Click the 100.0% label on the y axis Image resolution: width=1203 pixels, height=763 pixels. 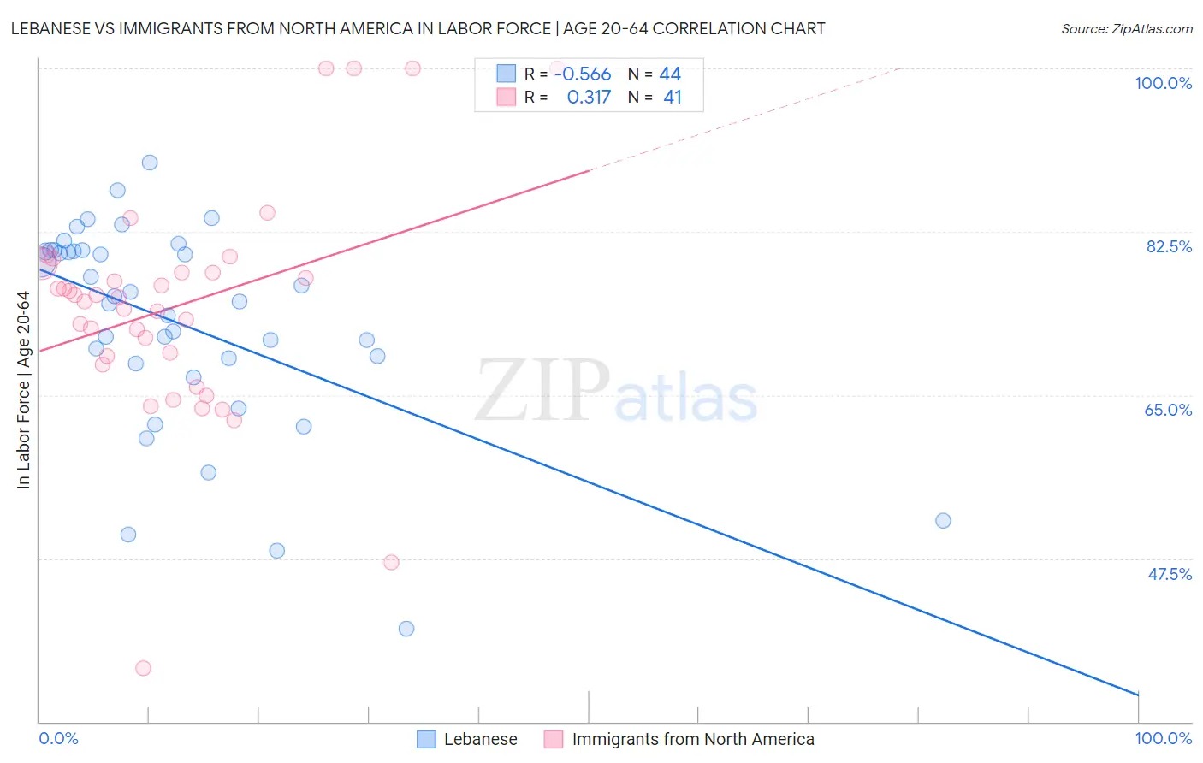coord(1163,83)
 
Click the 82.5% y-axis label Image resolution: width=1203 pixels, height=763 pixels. coord(1169,246)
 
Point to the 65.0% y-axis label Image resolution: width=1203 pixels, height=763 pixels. coord(1168,410)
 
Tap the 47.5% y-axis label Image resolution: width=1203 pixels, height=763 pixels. coord(1170,574)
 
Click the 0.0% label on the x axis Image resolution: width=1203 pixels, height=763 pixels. coord(58,738)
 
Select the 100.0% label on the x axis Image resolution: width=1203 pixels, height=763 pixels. coord(1163,738)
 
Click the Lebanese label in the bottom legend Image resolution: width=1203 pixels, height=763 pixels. coord(480,739)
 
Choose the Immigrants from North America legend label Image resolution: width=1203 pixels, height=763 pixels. coord(693,739)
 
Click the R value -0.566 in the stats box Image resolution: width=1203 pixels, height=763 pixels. coord(583,74)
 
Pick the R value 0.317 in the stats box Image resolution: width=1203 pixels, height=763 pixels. coord(589,98)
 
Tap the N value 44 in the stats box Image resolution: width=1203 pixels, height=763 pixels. coord(670,74)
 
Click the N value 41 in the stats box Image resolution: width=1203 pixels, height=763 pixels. coord(673,98)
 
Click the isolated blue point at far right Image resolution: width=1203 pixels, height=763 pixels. coord(943,520)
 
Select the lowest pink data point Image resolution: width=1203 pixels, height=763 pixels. coord(143,668)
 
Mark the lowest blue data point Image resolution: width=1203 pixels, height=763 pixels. coord(406,629)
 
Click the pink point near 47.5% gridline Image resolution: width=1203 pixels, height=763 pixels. coord(391,562)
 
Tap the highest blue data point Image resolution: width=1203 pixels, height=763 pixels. coord(150,163)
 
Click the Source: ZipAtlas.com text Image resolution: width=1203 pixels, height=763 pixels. coord(1126,29)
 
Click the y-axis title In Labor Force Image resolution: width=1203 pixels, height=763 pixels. coord(23,390)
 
